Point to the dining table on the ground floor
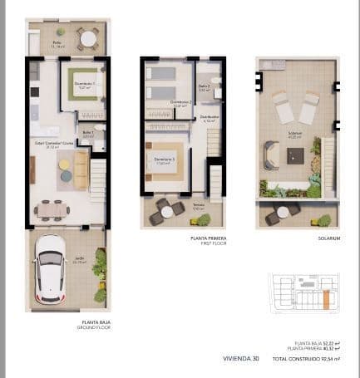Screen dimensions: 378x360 [x=52, y=209]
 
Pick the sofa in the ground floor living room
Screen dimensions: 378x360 [x=81, y=169]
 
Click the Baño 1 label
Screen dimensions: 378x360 [x=88, y=133]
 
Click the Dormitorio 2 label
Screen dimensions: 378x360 [x=180, y=103]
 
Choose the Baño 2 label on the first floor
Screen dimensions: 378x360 [x=204, y=86]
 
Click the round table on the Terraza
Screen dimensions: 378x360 [x=167, y=212]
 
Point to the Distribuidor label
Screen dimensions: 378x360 [x=207, y=118]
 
